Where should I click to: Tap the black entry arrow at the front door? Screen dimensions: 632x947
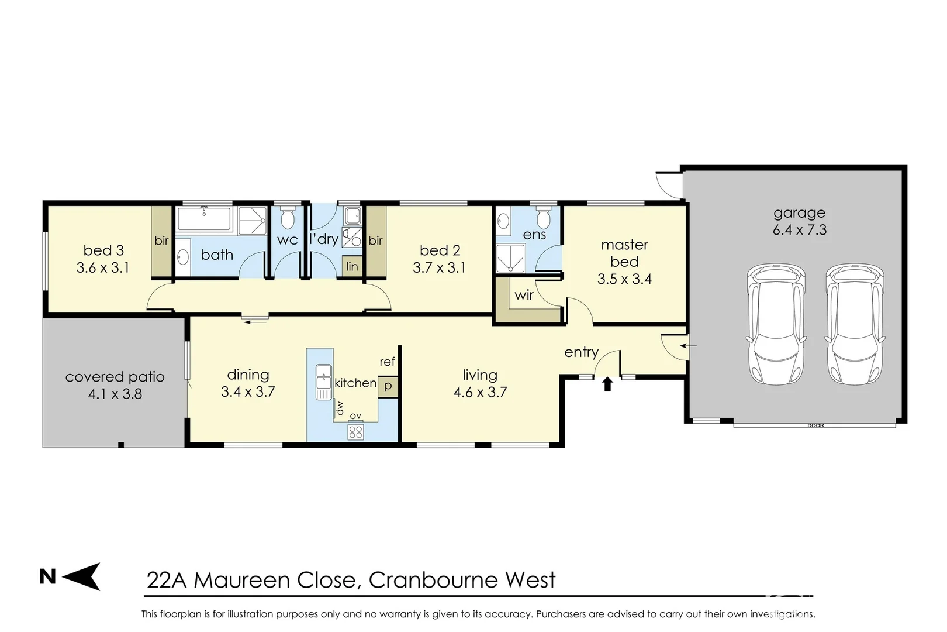point(607,384)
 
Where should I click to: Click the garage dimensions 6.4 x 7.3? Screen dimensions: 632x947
point(799,230)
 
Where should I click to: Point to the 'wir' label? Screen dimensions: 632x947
point(524,295)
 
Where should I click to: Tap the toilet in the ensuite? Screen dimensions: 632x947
point(543,219)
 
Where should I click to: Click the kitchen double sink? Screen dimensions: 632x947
point(323,382)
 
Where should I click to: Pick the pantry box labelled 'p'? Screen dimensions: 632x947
point(388,386)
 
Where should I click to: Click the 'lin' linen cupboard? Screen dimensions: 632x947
point(352,266)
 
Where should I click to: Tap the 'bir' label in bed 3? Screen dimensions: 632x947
point(161,241)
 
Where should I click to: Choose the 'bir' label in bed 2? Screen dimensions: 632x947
point(375,241)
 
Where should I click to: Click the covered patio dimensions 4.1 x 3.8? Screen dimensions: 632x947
point(115,394)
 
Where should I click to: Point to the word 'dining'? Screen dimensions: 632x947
point(248,375)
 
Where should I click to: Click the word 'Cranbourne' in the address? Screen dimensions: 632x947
point(433,580)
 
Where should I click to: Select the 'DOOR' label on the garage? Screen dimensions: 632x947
point(815,425)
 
